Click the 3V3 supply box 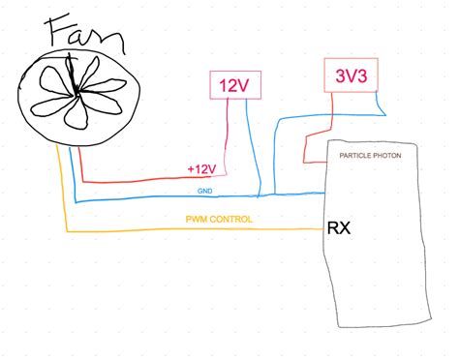coord(350,75)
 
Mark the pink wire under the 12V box coord(228,135)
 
